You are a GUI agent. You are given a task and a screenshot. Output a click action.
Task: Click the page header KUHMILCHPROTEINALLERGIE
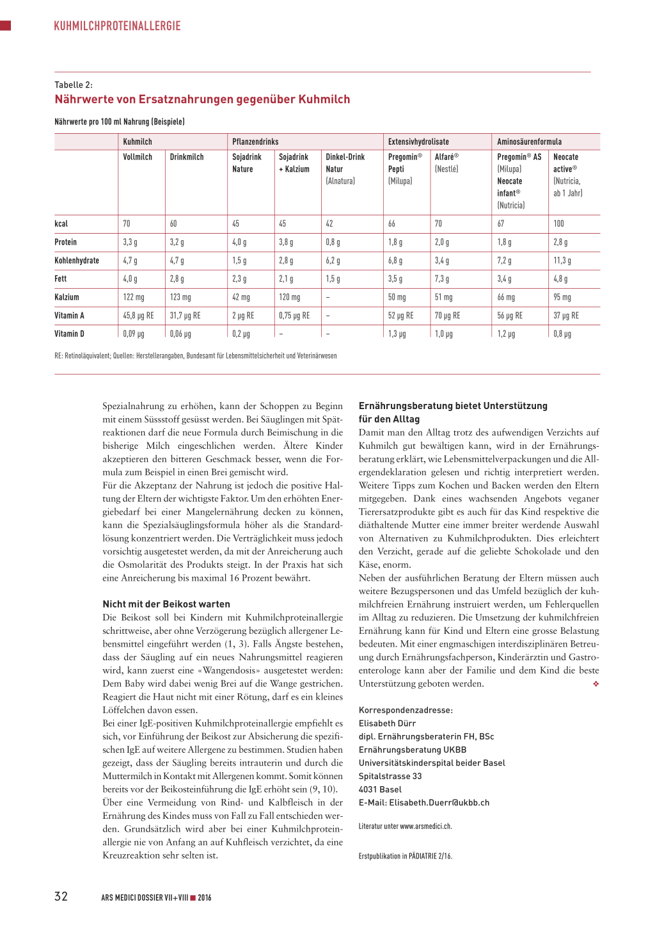coord(117,26)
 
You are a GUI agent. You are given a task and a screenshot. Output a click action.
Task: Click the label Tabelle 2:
coord(74,85)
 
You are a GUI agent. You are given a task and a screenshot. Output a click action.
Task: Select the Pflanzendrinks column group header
coord(255,141)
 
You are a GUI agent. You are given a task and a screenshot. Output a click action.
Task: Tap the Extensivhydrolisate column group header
coord(418,141)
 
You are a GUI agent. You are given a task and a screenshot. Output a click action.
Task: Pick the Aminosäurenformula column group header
coord(529,141)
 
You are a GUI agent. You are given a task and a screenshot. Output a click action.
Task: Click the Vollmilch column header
coord(138,157)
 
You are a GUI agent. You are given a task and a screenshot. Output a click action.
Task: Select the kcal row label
coord(61,223)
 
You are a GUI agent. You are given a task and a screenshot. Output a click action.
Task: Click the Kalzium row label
coord(67,297)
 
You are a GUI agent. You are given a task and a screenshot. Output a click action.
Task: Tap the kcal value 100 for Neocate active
coord(559,223)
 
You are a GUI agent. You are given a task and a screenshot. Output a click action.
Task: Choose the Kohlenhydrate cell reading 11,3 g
coord(562,261)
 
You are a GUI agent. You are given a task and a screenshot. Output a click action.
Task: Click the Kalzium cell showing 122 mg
coord(134,297)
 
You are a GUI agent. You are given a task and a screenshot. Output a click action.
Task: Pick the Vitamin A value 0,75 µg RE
coord(294,316)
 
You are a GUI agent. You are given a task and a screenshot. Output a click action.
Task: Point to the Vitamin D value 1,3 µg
coord(397,334)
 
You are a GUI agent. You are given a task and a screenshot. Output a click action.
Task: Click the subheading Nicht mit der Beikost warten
coord(166,604)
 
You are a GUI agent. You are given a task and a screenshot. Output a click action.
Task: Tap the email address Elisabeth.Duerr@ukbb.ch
coord(439,803)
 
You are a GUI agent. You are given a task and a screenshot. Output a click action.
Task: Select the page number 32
coord(61,896)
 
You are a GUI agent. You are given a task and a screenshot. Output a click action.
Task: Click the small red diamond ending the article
coord(596,684)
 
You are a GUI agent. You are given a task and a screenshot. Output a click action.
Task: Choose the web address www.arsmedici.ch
coord(425,826)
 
